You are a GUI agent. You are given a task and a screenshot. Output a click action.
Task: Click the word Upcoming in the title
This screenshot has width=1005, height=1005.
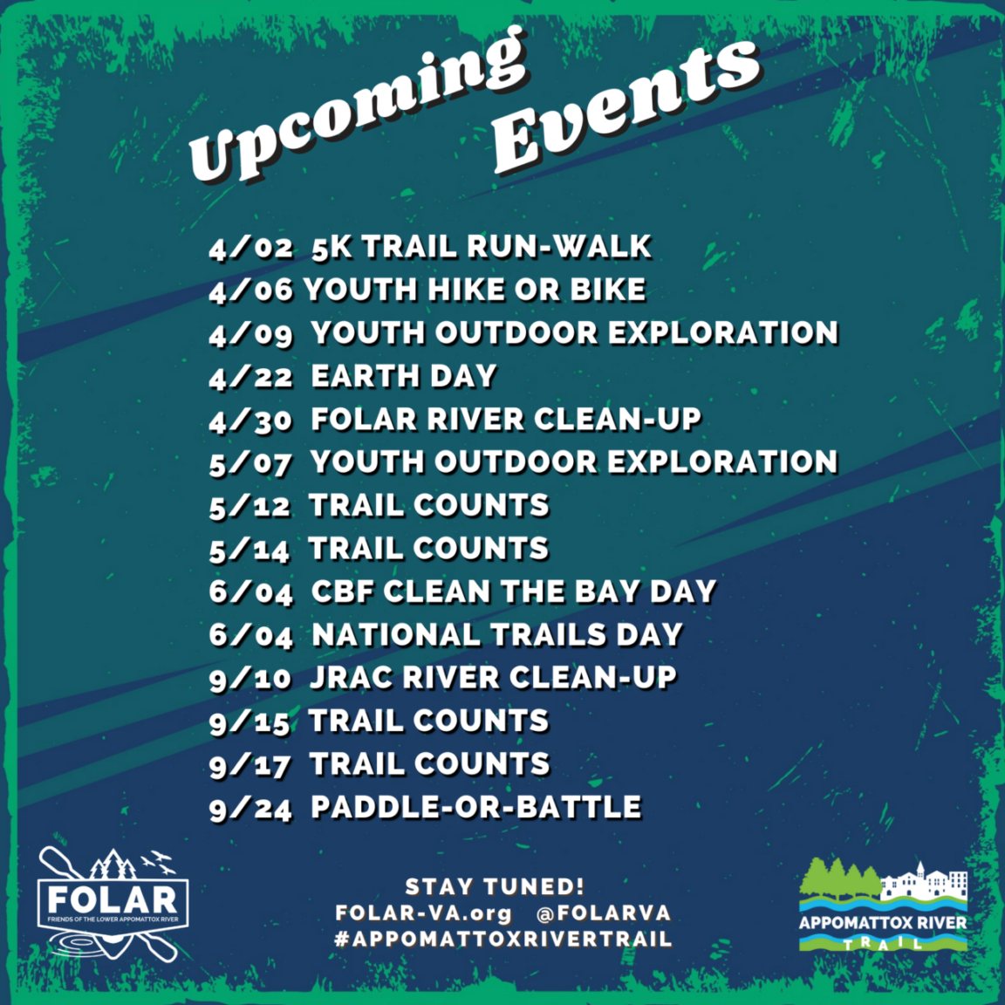click(358, 109)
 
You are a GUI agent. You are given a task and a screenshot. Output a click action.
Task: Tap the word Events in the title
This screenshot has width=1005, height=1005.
click(625, 105)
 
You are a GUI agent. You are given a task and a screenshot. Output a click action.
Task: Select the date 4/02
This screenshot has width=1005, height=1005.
click(250, 248)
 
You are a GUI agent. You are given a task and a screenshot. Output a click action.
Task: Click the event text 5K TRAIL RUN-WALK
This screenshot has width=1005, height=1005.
click(481, 247)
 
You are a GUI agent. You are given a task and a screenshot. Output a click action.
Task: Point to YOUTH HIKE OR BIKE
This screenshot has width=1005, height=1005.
click(475, 290)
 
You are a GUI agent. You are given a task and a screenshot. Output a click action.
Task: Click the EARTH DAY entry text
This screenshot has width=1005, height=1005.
click(403, 376)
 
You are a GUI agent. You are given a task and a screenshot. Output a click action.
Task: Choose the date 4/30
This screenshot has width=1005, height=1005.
click(250, 420)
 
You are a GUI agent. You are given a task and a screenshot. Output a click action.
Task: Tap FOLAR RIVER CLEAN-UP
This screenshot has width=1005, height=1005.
click(506, 420)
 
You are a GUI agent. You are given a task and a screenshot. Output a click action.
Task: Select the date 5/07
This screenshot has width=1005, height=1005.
click(250, 463)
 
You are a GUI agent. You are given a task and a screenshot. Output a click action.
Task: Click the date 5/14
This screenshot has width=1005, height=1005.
click(249, 550)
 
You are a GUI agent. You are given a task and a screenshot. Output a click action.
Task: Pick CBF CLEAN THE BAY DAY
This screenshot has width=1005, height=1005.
click(513, 591)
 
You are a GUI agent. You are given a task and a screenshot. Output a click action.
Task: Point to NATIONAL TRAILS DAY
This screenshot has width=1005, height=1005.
click(496, 635)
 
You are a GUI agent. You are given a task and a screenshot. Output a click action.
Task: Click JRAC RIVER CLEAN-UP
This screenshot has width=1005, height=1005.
click(493, 678)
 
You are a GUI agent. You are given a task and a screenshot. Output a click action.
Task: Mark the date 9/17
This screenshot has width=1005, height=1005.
click(250, 765)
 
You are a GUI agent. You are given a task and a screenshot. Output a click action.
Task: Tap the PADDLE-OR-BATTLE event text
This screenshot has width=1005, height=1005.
click(475, 807)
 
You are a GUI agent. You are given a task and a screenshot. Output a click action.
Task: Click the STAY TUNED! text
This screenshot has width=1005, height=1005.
click(494, 887)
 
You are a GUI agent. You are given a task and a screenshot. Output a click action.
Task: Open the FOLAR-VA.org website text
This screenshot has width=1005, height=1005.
click(423, 913)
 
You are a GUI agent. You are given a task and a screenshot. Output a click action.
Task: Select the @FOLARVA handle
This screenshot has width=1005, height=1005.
click(604, 913)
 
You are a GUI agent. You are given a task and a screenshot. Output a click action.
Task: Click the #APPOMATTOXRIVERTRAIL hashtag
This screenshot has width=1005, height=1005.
click(502, 940)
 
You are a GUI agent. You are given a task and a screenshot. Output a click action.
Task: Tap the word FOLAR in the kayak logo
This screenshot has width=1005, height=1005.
click(111, 899)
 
